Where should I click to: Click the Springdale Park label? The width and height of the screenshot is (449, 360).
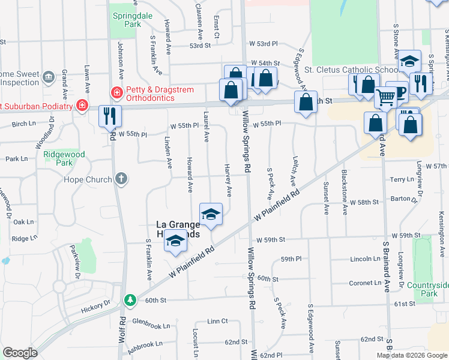tap(125, 20)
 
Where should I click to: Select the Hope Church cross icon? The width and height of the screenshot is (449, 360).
tap(121, 179)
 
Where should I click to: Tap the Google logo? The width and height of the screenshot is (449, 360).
tap(20, 353)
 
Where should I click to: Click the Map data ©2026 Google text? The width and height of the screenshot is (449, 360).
tap(412, 355)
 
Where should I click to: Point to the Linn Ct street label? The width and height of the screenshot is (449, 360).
tap(217, 322)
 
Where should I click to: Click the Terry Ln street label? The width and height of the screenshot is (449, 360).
tap(398, 179)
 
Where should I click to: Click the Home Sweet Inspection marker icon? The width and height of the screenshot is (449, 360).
tap(49, 77)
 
